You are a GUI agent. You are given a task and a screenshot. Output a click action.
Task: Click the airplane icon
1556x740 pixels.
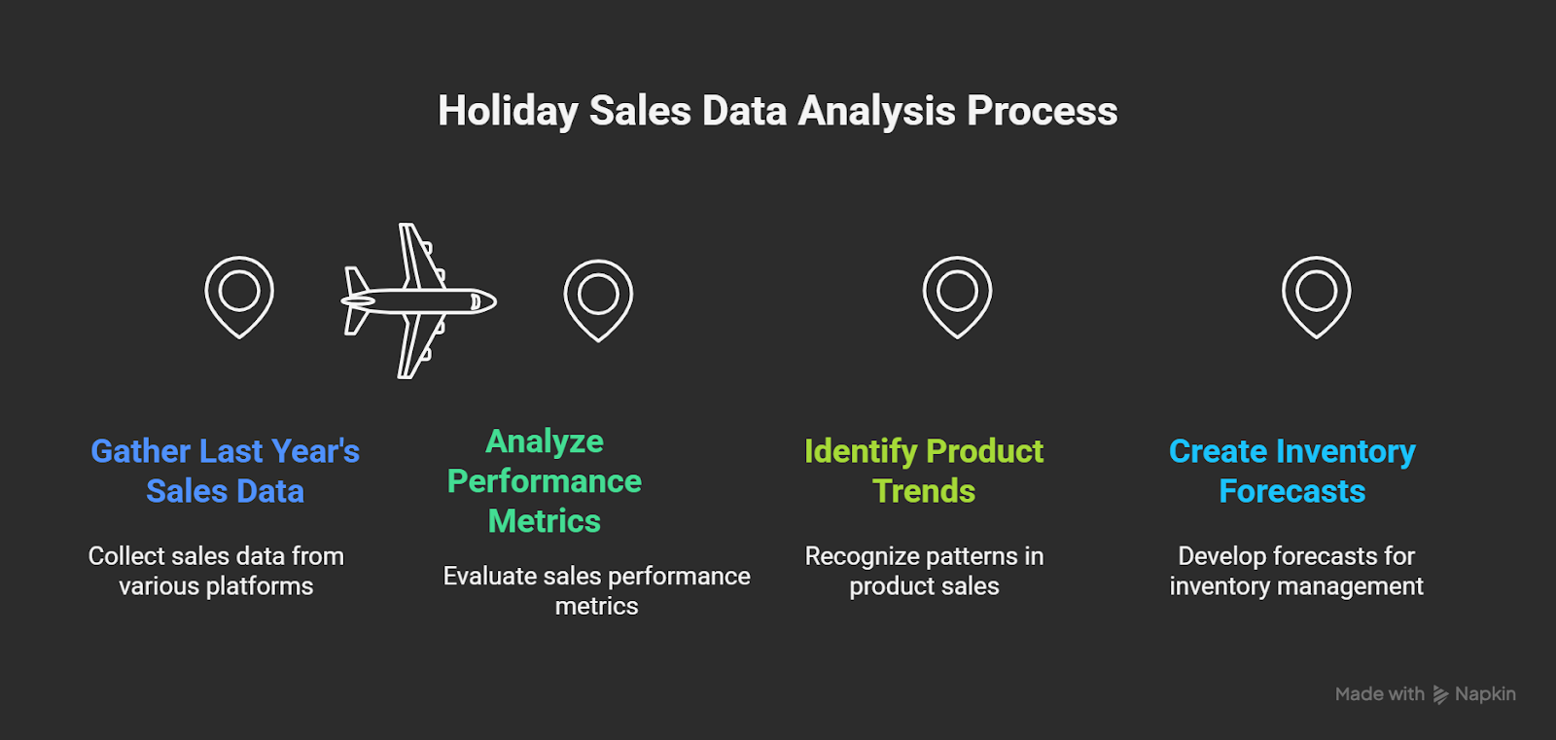coord(418,300)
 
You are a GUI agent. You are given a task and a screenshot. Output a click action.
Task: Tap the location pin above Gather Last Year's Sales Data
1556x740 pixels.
coord(239,296)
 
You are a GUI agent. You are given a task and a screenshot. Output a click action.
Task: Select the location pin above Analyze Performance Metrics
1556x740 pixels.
coord(598,299)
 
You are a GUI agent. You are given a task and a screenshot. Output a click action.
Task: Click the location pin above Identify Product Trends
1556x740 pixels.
coord(957,296)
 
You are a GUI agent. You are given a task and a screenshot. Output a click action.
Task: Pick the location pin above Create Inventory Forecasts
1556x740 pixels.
coord(1316,296)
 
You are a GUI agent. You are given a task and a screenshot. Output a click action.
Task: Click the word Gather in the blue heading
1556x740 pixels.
coord(140,451)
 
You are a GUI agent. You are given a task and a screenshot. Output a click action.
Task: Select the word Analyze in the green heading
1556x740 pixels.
coord(545,441)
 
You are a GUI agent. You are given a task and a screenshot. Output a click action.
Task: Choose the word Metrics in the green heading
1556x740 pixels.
coord(545,521)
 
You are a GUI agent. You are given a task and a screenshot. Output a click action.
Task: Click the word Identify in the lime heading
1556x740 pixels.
coord(861,451)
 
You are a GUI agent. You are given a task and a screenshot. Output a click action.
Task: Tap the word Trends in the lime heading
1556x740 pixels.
coord(924,491)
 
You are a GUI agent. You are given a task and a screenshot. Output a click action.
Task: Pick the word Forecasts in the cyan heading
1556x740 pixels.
coord(1291,491)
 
